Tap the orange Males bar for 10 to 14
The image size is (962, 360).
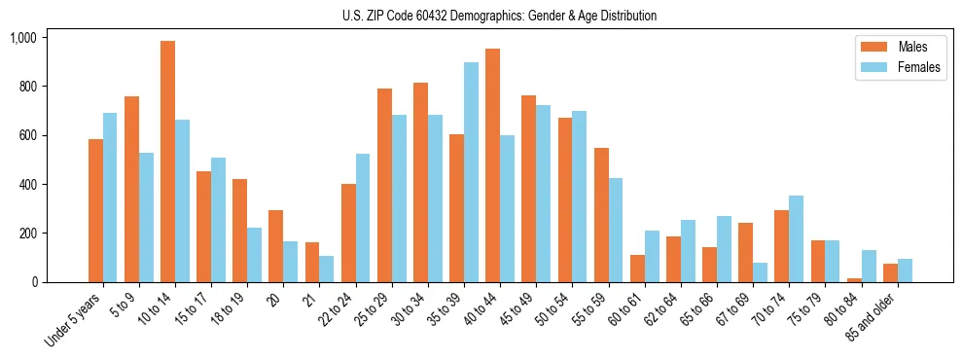coord(167,162)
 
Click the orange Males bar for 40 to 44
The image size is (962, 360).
coord(492,165)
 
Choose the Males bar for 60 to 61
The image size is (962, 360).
coord(637,269)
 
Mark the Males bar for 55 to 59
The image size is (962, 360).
coord(601,215)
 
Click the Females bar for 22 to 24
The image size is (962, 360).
coord(363,218)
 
